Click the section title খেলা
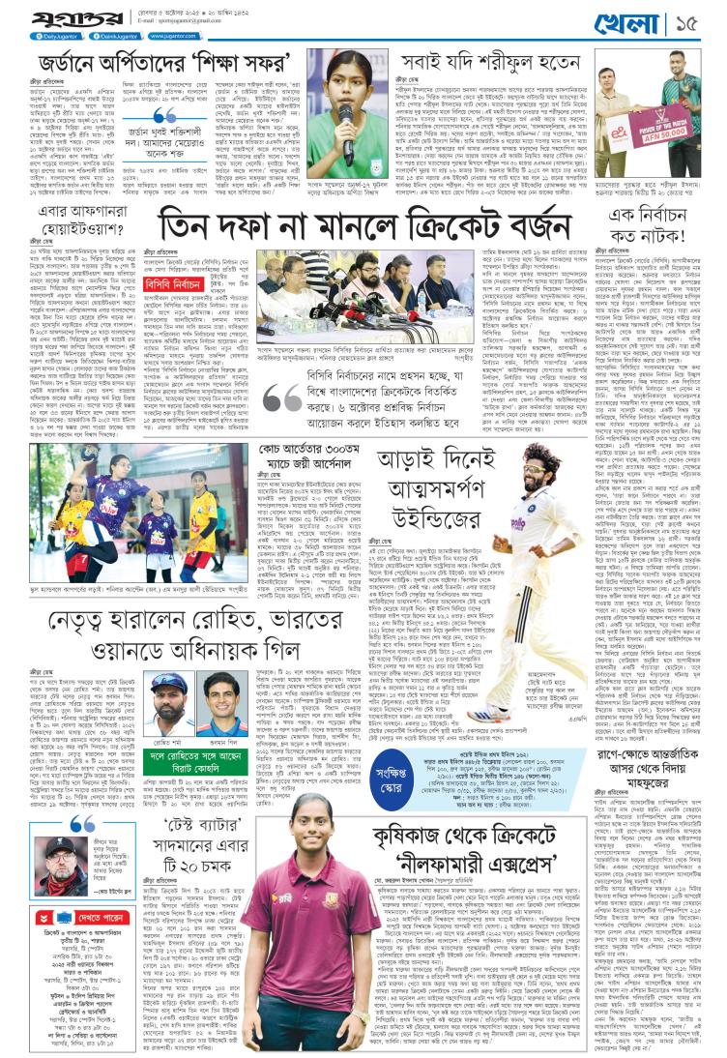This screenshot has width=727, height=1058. pos(657,20)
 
